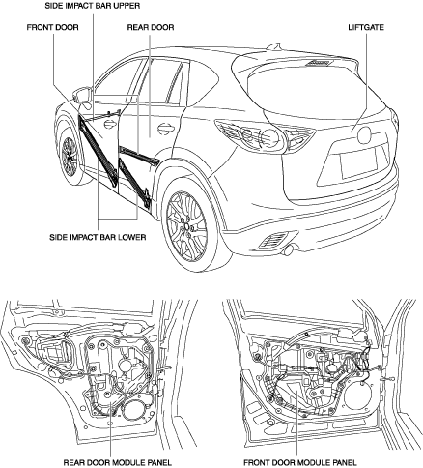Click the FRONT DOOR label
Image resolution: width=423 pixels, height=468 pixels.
[x=52, y=27]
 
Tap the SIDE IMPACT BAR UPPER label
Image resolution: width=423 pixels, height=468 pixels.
[x=93, y=6]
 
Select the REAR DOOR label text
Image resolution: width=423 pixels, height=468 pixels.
[x=151, y=27]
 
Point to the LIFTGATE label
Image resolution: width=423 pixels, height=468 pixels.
[x=366, y=27]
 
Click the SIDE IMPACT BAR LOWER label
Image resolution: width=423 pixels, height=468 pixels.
[x=98, y=237]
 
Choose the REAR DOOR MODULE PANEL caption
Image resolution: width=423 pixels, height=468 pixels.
[x=118, y=463]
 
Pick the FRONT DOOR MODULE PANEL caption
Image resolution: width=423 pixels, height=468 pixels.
[x=300, y=463]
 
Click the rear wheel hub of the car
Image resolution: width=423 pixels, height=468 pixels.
[x=186, y=226]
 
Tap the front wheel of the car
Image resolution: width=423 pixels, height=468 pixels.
[x=69, y=156]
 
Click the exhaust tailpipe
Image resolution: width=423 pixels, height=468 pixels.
[x=289, y=249]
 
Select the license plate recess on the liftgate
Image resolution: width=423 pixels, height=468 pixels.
[x=359, y=163]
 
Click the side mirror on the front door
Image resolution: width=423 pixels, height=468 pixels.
[x=82, y=96]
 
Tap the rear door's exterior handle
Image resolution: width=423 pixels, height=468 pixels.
[x=166, y=128]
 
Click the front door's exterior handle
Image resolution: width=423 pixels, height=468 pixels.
[x=110, y=124]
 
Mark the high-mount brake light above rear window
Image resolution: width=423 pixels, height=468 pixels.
[x=319, y=63]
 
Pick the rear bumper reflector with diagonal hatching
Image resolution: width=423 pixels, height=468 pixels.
[x=273, y=241]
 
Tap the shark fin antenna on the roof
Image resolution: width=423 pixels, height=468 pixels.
[x=273, y=46]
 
